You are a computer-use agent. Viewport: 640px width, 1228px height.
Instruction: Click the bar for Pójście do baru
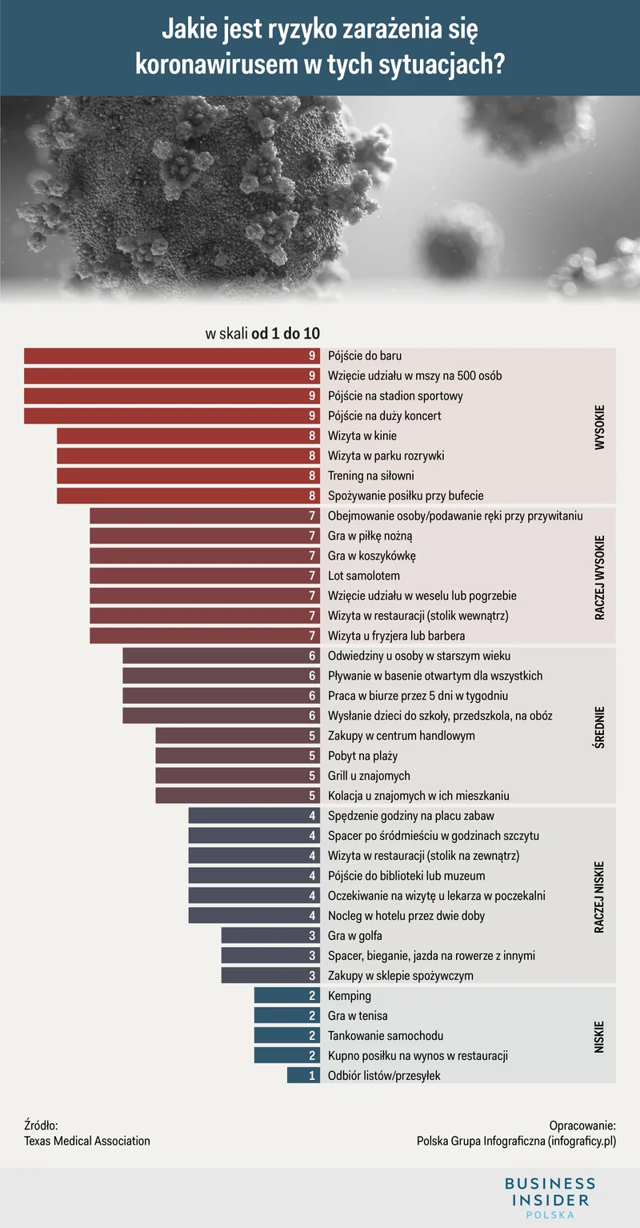[172, 356]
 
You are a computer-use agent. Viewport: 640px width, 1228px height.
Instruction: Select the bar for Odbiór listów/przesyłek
[304, 1076]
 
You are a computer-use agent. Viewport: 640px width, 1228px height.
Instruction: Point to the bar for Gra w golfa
[271, 936]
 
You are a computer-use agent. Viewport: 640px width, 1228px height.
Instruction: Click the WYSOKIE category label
[600, 426]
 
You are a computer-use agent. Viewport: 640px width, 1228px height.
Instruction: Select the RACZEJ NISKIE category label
[600, 896]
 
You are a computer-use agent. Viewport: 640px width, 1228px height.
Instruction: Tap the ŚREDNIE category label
[600, 726]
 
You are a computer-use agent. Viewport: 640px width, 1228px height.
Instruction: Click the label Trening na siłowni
[371, 476]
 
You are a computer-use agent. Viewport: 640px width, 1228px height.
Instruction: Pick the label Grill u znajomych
[369, 776]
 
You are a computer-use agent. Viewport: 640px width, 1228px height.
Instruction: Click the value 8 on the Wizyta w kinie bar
[312, 436]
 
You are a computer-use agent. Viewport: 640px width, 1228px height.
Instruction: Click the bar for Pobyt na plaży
[238, 756]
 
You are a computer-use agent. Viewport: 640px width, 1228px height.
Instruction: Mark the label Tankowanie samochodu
[386, 1036]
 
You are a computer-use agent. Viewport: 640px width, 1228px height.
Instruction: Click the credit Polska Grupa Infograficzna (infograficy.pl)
[516, 1141]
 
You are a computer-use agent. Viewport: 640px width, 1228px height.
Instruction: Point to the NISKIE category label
[600, 1036]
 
